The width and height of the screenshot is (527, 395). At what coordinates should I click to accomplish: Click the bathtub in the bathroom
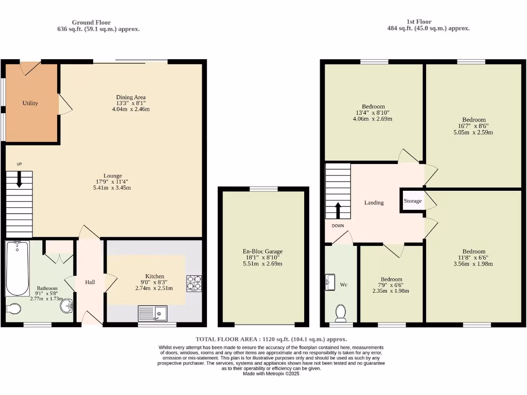point(17,268)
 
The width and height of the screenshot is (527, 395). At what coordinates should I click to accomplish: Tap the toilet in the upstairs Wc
point(340,312)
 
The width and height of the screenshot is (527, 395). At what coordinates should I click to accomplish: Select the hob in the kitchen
point(194,283)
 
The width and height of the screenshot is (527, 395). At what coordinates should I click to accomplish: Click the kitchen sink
point(153,313)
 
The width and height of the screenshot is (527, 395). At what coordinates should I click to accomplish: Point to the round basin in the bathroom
point(66,307)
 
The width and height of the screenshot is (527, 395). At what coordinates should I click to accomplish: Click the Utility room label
point(30,103)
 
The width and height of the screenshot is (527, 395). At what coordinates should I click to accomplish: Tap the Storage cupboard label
point(413,201)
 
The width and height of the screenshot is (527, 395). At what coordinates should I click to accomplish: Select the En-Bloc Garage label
point(262,252)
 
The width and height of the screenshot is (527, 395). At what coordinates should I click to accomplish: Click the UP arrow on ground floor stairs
point(20,179)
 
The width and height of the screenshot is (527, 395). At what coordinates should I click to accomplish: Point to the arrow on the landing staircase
point(338,210)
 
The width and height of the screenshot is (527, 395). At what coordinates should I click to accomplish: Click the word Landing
point(374,203)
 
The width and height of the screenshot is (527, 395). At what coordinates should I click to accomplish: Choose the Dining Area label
point(131,97)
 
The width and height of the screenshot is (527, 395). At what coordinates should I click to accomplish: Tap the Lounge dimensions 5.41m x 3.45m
point(108,188)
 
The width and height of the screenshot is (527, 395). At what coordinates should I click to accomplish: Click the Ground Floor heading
point(91,22)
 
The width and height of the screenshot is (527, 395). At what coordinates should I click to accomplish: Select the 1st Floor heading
point(419,22)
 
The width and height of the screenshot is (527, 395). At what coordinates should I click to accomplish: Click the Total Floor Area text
point(271,339)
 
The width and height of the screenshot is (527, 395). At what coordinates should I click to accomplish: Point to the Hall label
point(90,282)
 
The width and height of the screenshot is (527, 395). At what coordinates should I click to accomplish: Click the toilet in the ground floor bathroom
point(14,308)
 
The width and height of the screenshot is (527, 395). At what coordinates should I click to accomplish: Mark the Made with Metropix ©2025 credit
point(271,374)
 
